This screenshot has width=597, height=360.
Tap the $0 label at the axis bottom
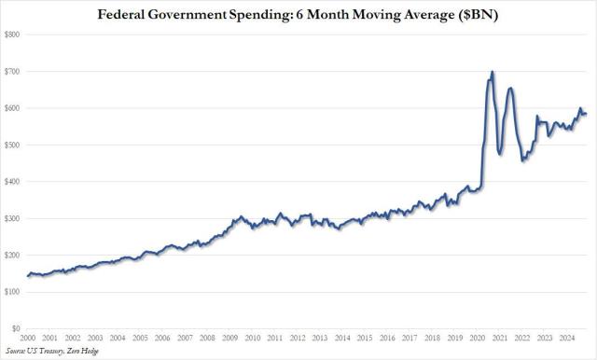pyautogui.click(x=15, y=328)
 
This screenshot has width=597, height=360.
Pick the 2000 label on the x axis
pyautogui.click(x=28, y=338)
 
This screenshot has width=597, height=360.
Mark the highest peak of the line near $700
pyautogui.click(x=493, y=72)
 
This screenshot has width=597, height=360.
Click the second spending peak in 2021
pyautogui.click(x=509, y=88)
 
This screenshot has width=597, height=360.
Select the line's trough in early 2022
pyautogui.click(x=523, y=160)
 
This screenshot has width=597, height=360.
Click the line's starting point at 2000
pyautogui.click(x=28, y=276)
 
